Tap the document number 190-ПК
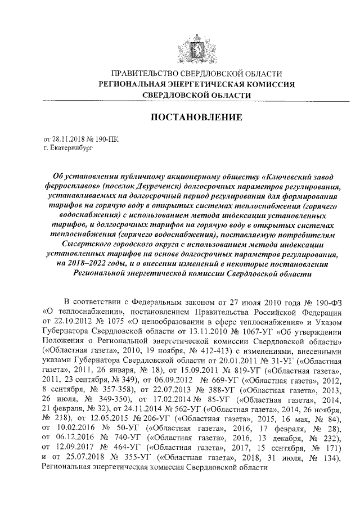click(106, 138)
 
